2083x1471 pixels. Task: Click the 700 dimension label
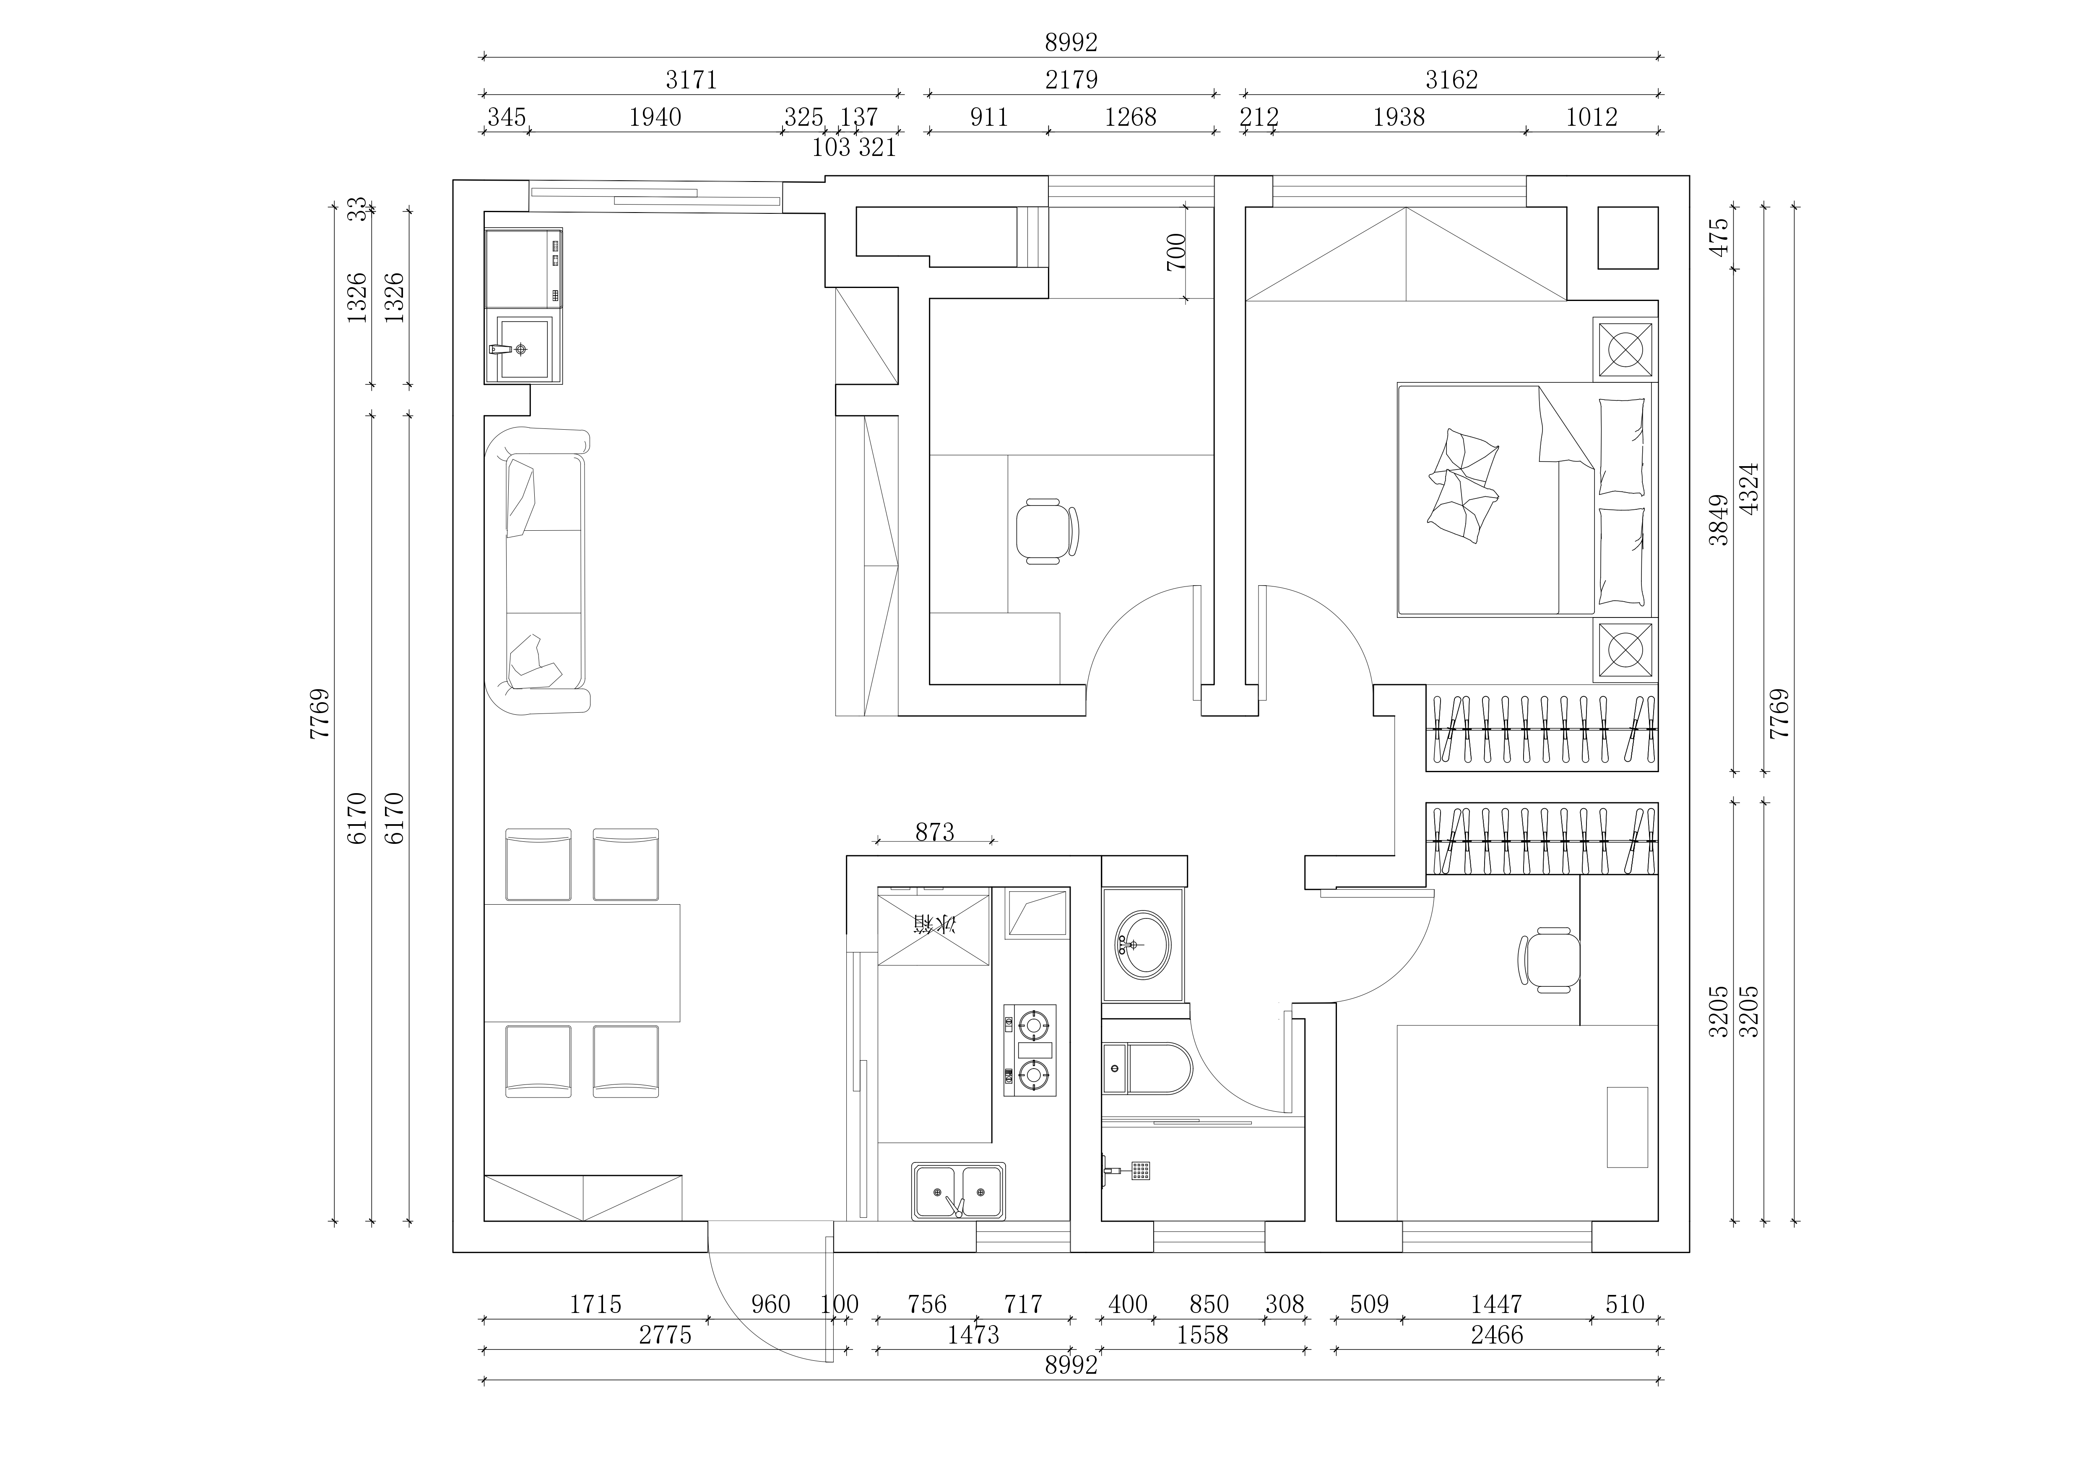click(x=1176, y=252)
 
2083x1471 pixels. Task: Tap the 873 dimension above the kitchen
click(x=934, y=832)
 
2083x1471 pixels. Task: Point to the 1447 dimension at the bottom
click(x=1496, y=1304)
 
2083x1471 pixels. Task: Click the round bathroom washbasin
click(x=1142, y=945)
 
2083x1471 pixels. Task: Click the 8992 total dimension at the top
click(x=1071, y=43)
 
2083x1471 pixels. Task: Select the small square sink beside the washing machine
click(x=523, y=348)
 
